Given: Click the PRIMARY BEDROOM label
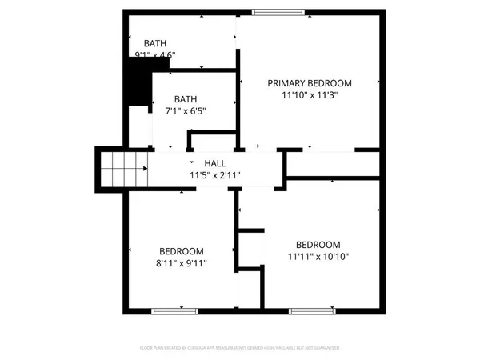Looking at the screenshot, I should (x=310, y=82).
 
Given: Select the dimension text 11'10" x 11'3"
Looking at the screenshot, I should (x=310, y=94).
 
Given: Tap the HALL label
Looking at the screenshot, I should (x=214, y=162).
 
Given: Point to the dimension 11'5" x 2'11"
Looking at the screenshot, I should (x=214, y=174).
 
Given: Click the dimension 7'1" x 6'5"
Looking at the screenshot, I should (x=186, y=111).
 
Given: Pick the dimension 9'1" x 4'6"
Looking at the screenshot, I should (x=155, y=55).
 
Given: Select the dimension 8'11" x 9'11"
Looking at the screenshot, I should (x=181, y=262).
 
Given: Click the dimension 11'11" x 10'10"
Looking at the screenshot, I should (x=318, y=257).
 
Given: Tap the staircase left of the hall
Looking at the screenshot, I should (x=124, y=169).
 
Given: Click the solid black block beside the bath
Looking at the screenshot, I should (x=140, y=82).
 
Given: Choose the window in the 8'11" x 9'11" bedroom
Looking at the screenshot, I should (x=170, y=310).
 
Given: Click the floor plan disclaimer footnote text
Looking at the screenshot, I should (x=240, y=348).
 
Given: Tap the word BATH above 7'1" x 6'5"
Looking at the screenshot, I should (x=186, y=99).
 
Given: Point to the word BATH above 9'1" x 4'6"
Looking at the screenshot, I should (x=155, y=43).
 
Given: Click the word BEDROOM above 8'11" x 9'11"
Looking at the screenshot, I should (x=181, y=250).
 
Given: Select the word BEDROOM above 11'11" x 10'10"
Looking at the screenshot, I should (x=318, y=245).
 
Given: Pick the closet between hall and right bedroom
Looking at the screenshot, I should (x=332, y=164).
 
